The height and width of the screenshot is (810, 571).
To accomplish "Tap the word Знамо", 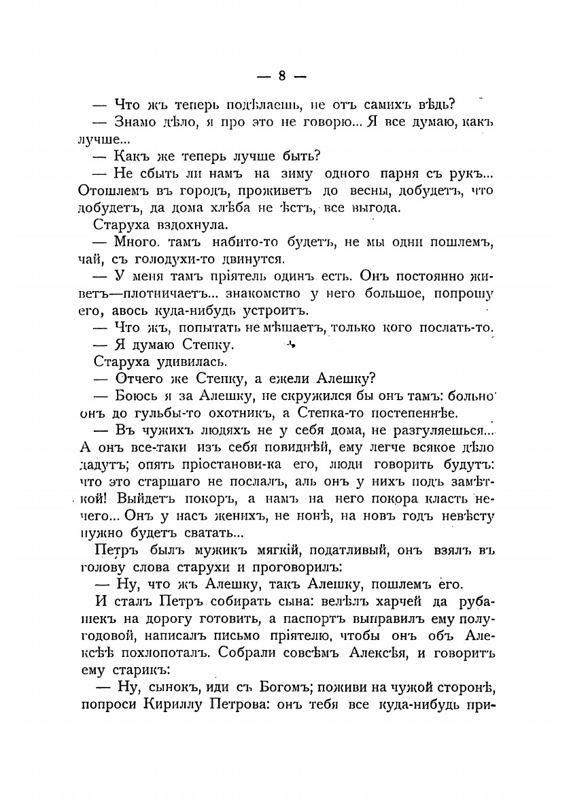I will click(x=137, y=122).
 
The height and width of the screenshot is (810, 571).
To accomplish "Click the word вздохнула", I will click(x=180, y=223).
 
